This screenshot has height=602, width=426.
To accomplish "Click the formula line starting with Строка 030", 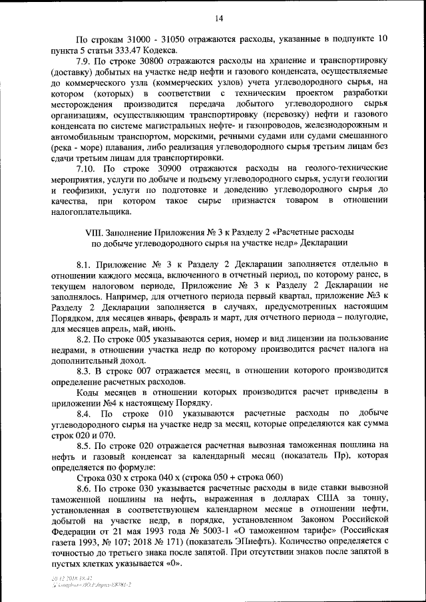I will coord(180,477).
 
